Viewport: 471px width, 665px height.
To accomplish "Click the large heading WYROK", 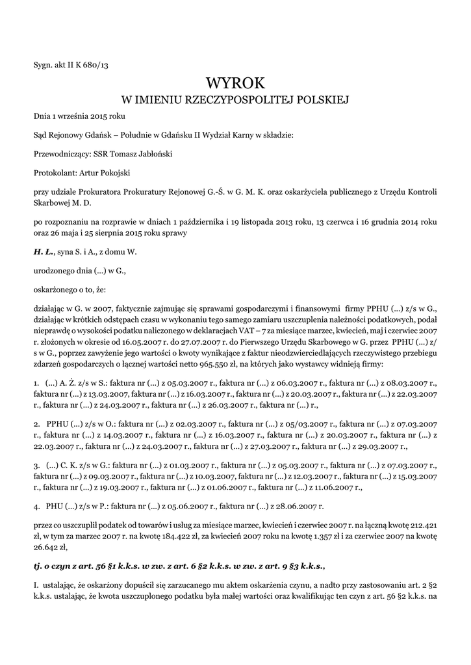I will [x=235, y=84].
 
